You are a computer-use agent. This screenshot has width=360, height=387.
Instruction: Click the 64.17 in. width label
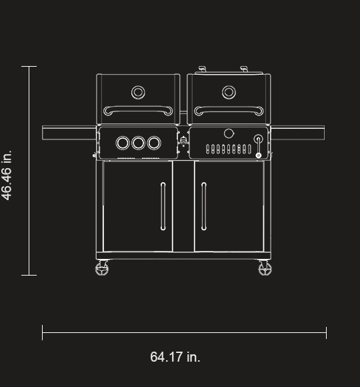(x=175, y=357)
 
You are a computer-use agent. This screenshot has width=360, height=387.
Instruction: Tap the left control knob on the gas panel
(x=123, y=143)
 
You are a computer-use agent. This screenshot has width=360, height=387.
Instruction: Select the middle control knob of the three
(x=139, y=143)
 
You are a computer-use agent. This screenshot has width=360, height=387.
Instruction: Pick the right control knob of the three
(x=154, y=143)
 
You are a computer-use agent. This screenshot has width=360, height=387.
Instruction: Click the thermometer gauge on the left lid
(x=138, y=92)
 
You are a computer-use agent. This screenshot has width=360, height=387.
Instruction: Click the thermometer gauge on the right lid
(x=229, y=92)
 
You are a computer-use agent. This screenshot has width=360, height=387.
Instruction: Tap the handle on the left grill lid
(x=138, y=109)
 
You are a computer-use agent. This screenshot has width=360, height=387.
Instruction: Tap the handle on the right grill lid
(x=229, y=109)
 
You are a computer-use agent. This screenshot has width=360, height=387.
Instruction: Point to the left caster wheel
(x=102, y=269)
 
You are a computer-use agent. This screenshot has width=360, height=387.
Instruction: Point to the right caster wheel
(x=265, y=269)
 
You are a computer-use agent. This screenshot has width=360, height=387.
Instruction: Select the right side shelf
(x=298, y=133)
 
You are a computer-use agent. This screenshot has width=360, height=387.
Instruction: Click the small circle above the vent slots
(x=229, y=133)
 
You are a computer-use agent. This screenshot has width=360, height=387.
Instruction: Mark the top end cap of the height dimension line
(x=29, y=67)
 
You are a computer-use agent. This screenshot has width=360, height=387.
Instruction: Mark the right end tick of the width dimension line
(x=326, y=332)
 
